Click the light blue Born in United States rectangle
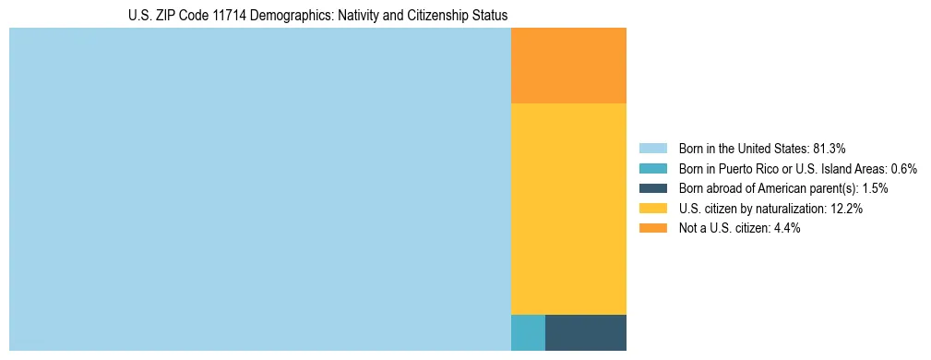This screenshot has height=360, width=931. coord(259,189)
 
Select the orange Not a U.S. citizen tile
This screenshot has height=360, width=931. coord(568,66)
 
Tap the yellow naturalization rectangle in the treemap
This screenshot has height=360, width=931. coord(568,209)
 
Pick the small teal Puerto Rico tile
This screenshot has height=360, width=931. coord(528,332)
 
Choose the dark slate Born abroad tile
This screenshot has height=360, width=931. coord(586,332)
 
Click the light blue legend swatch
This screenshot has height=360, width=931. coord(653,149)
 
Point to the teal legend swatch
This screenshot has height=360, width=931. coord(653,169)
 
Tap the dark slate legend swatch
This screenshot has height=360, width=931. coord(653,188)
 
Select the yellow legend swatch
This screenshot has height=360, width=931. coord(653,209)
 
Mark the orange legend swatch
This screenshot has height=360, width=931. coord(653,229)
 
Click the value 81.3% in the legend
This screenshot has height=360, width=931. coord(829,149)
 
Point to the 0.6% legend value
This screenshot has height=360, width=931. coord(903,169)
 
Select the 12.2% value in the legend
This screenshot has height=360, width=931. coord(846,209)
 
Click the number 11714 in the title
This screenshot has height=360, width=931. coord(232,16)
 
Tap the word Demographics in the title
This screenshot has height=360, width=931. coord(294,16)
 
